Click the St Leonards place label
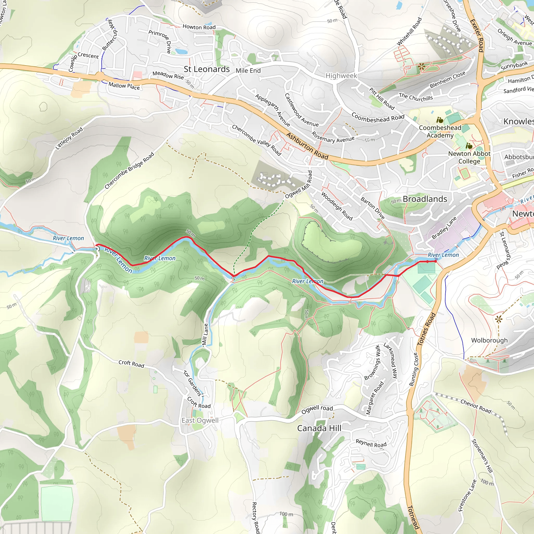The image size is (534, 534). pos(207,69)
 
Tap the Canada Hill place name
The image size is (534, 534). pos(319,428)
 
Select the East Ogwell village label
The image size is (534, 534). pos(200,420)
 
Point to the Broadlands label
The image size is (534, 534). pos(424,199)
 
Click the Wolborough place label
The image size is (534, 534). pos(489,340)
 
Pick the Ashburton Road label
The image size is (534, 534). pos(307,146)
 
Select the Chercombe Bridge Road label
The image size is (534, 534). pos(129,171)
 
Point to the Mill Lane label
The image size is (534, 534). pos(205,335)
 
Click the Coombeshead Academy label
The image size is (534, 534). pos(440,131)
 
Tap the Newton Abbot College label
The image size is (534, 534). pos(469,157)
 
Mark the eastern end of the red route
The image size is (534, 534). pos(436,261)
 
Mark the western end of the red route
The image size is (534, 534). pos(96,245)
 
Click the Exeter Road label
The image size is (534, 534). pos(477,35)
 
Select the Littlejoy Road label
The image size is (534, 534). pos(69,138)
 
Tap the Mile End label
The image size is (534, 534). pos(248,70)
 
